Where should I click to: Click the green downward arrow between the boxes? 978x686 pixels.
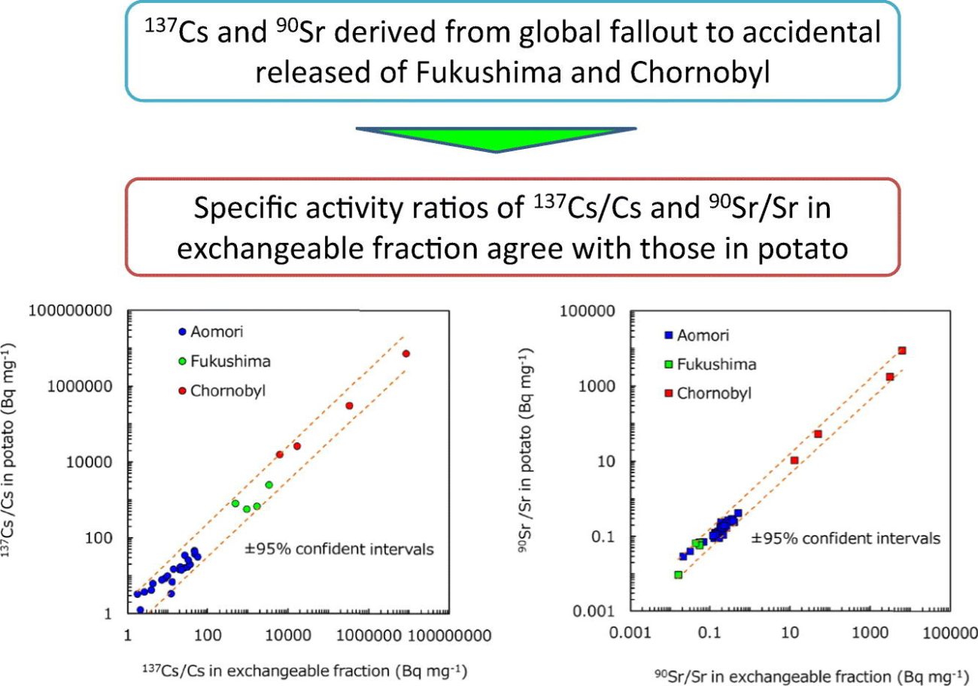coord(497,139)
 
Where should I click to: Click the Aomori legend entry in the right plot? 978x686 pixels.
coord(696,335)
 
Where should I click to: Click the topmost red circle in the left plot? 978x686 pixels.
coord(406,354)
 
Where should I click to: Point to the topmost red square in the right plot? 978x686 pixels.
coord(902,351)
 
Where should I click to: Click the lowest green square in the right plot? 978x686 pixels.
coord(679,575)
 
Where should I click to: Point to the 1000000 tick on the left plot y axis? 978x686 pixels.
coord(81,387)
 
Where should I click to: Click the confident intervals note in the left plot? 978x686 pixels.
coord(339,549)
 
